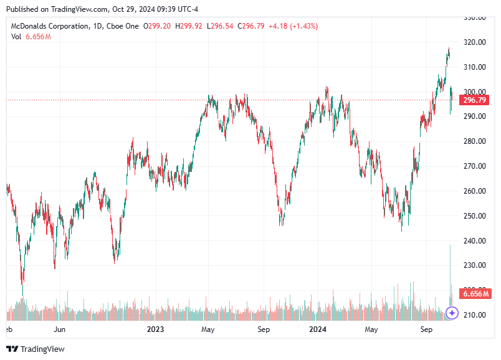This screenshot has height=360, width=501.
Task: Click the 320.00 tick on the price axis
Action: click(474, 42)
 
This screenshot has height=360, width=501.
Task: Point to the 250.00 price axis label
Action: click(474, 216)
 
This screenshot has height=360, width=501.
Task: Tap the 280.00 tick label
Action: click(474, 141)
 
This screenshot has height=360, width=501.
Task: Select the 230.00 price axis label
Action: click(474, 265)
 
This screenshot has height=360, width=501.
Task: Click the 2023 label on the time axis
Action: click(154, 328)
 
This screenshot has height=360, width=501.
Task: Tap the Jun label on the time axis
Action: click(60, 328)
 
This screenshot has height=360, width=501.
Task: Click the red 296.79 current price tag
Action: click(474, 100)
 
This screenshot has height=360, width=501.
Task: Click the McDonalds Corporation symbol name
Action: click(48, 26)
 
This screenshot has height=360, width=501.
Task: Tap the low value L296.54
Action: click(219, 26)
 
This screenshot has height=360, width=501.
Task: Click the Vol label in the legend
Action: click(16, 37)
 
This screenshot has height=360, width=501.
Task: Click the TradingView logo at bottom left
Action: click(36, 349)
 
